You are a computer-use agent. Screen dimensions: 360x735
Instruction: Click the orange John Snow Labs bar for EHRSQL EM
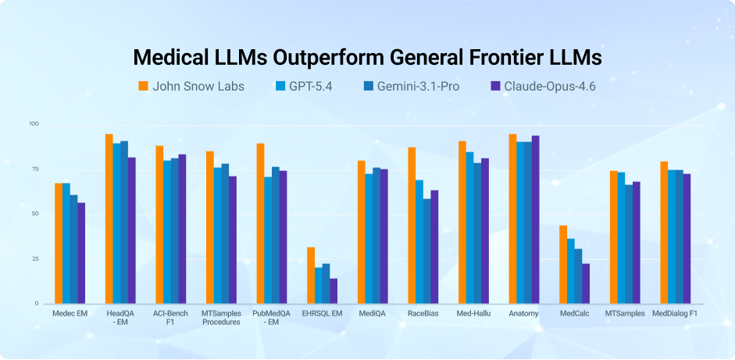(311, 275)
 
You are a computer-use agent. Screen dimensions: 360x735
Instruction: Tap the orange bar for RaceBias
(412, 225)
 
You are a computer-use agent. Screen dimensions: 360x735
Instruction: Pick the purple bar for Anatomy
(535, 219)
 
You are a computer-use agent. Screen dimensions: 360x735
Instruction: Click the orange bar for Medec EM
(59, 243)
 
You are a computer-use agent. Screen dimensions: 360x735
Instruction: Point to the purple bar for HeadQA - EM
(132, 230)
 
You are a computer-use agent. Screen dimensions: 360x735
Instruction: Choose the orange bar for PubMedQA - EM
(260, 223)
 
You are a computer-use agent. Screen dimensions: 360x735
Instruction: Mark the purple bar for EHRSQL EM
(334, 290)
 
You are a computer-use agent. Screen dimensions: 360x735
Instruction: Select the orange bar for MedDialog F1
(664, 232)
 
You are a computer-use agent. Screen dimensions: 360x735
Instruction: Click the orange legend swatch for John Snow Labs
(143, 86)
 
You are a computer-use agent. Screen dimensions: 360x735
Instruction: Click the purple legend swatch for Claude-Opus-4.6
(494, 86)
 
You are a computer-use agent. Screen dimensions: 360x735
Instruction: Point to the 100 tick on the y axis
(34, 124)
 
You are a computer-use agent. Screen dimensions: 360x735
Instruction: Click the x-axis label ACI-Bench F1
(170, 317)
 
